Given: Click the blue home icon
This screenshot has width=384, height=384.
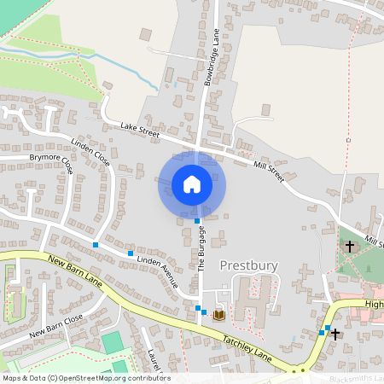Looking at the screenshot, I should pyautogui.click(x=192, y=183).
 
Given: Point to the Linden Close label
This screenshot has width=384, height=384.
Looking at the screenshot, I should pyautogui.click(x=90, y=152).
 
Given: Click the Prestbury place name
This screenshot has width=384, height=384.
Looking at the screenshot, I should pyautogui.click(x=248, y=265).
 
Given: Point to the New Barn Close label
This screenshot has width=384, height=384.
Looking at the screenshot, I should pyautogui.click(x=55, y=325).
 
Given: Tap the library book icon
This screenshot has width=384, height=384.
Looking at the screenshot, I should pyautogui.click(x=219, y=314).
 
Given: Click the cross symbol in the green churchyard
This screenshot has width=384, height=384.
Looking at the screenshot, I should pyautogui.click(x=349, y=247).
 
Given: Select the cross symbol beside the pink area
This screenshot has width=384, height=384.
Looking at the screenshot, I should pyautogui.click(x=335, y=334).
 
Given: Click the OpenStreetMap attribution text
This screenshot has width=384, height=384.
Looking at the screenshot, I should pyautogui.click(x=86, y=378).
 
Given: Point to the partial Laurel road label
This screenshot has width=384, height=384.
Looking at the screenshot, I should pyautogui.click(x=153, y=359).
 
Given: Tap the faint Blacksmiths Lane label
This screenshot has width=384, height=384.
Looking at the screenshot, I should pyautogui.click(x=355, y=377).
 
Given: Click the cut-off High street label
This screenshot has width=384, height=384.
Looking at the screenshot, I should pyautogui.click(x=374, y=303).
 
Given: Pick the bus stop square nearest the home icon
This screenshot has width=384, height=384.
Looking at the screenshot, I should pyautogui.click(x=197, y=221).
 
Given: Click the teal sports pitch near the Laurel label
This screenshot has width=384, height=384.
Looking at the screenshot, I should pyautogui.click(x=112, y=342).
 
